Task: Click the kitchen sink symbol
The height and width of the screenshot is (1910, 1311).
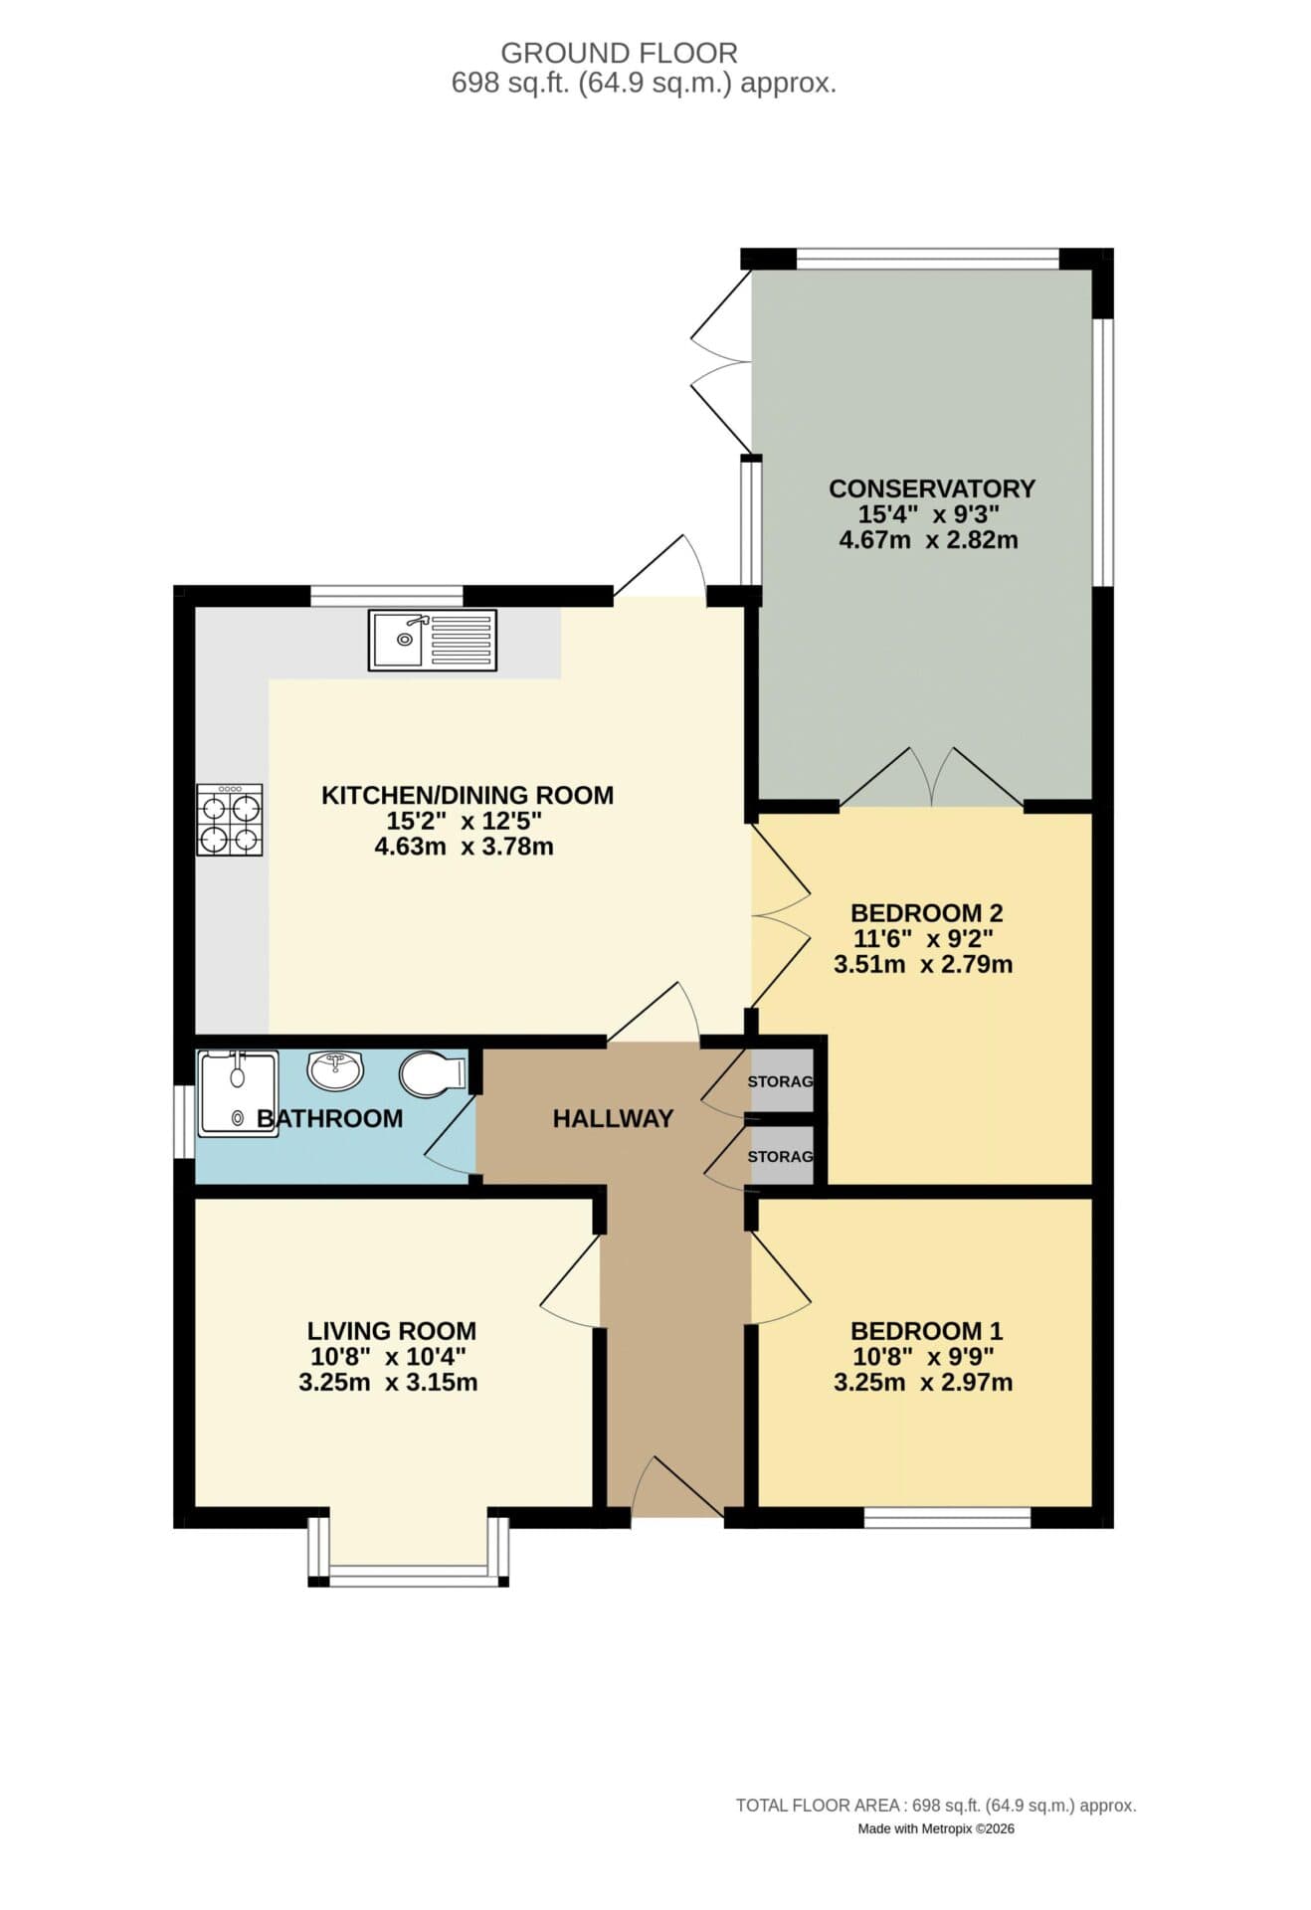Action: tap(432, 640)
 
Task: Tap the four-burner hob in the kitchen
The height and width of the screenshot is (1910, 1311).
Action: tap(230, 820)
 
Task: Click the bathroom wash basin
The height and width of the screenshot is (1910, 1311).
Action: tap(335, 1070)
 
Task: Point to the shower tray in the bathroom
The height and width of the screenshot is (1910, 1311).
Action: tap(238, 1093)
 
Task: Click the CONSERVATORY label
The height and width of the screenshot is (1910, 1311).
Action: tap(932, 488)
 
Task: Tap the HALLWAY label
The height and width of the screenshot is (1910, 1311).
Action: tap(613, 1118)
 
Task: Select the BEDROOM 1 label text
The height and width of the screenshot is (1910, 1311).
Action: tap(926, 1330)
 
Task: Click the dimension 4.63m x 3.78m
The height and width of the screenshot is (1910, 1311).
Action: tap(464, 847)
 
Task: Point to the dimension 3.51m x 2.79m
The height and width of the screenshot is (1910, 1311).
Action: tap(923, 964)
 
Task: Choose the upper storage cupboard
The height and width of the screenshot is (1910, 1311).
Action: tap(782, 1080)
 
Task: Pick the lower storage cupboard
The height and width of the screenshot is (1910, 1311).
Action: tap(782, 1156)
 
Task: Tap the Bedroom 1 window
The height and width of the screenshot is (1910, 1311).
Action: tap(946, 1517)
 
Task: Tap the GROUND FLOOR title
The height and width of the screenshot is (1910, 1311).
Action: tap(619, 53)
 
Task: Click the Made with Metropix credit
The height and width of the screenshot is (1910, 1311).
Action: tap(935, 1828)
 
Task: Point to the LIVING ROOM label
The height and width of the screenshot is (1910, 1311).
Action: tap(391, 1330)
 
